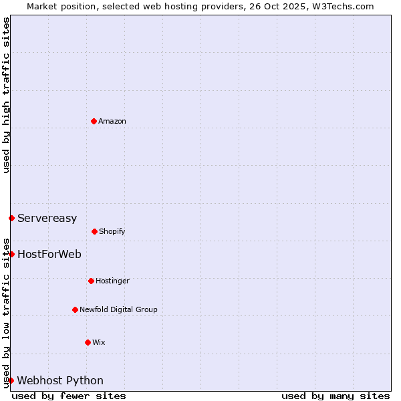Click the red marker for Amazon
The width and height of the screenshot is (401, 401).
pyautogui.click(x=94, y=121)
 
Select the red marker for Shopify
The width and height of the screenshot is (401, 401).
pyautogui.click(x=94, y=231)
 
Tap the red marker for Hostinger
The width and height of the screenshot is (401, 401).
pyautogui.click(x=91, y=281)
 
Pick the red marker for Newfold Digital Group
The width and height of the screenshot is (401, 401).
pyautogui.click(x=75, y=309)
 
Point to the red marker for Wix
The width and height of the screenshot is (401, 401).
pyautogui.click(x=88, y=342)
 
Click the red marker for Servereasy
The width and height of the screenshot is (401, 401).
pyautogui.click(x=11, y=218)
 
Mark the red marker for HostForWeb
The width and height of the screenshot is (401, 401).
pyautogui.click(x=11, y=254)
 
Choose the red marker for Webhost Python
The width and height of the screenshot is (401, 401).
pyautogui.click(x=11, y=380)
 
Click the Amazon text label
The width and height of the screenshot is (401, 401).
pyautogui.click(x=112, y=121)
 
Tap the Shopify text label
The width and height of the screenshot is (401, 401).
pyautogui.click(x=112, y=231)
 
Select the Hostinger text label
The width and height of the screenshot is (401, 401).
pyautogui.click(x=112, y=281)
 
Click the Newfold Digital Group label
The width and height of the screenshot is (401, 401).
pyautogui.click(x=118, y=309)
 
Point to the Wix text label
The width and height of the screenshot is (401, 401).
pyautogui.click(x=99, y=342)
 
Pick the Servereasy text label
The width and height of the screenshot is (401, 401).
pyautogui.click(x=47, y=218)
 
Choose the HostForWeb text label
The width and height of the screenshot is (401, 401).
pyautogui.click(x=49, y=254)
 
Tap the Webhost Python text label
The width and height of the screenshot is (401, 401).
pyautogui.click(x=60, y=380)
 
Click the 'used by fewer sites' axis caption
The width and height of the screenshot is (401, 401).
pyautogui.click(x=69, y=396)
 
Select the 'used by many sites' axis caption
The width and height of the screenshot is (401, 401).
pyautogui.click(x=336, y=396)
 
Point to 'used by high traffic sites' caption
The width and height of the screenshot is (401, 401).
pyautogui.click(x=6, y=95)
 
